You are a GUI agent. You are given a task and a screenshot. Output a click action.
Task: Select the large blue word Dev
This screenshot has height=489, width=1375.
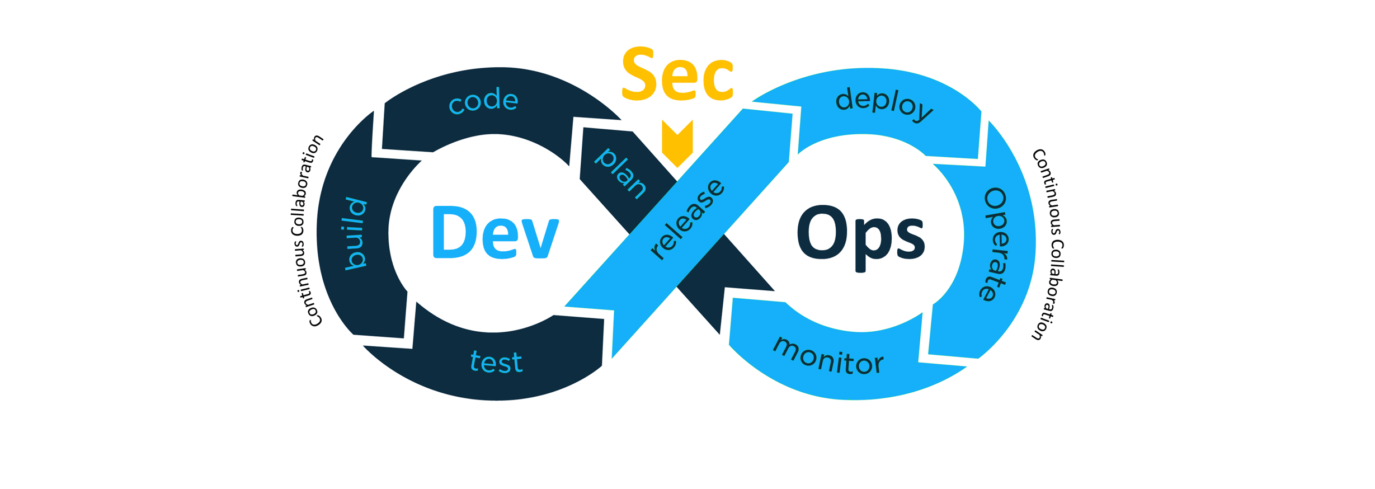(496, 233)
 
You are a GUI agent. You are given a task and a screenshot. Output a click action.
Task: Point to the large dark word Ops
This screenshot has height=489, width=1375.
(860, 235)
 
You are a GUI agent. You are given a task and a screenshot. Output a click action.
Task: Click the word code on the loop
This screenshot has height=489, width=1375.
(484, 101)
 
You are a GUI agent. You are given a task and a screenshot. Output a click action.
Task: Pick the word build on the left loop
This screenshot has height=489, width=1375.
(356, 234)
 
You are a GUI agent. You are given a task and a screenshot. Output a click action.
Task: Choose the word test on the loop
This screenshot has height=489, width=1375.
(496, 362)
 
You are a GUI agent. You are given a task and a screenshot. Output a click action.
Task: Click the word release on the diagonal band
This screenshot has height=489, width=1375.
(687, 219)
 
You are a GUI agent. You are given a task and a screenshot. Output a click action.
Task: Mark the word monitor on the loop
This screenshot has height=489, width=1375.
(828, 356)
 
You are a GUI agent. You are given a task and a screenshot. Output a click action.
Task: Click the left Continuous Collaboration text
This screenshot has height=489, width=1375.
(307, 231)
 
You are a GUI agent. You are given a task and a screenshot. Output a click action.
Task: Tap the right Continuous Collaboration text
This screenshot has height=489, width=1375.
(1048, 244)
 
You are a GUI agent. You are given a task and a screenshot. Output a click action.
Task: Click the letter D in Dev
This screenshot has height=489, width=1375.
(454, 233)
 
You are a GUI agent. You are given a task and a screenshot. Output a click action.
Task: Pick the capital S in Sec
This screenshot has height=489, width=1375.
(639, 75)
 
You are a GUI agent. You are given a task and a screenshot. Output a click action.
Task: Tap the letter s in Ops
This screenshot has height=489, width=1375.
(909, 239)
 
